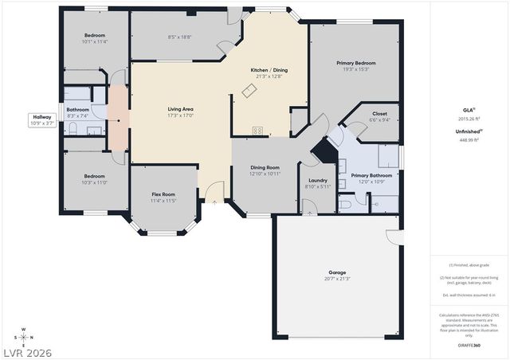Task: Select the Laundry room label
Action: [x=318, y=180]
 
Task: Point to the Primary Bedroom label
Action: [x=355, y=63]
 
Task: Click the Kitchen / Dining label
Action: [x=269, y=70]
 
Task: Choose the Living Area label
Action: [x=181, y=109]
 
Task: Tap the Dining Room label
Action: [x=265, y=167]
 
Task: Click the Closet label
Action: [x=379, y=114]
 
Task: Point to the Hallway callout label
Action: [x=41, y=116]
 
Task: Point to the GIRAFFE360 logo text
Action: [x=470, y=346]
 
